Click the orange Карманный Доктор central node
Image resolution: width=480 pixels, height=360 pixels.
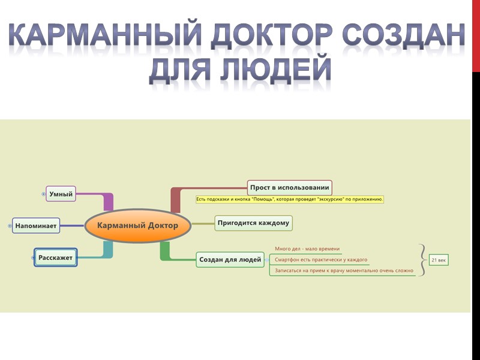(x=138, y=226)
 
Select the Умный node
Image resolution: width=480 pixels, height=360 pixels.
(x=61, y=194)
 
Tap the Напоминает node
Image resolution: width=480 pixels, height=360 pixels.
(x=37, y=226)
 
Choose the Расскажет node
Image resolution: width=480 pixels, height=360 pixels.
(x=55, y=257)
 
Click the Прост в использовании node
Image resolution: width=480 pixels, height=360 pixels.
(x=289, y=187)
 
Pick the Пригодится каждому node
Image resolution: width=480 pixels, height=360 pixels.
(x=253, y=223)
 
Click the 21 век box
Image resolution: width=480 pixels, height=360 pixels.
(x=439, y=260)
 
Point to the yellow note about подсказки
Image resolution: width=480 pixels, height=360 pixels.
(x=289, y=199)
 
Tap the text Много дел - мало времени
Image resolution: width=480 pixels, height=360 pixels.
(x=307, y=248)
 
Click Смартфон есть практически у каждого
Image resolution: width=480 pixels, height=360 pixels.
(x=321, y=260)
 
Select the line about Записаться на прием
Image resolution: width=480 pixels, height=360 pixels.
(x=344, y=271)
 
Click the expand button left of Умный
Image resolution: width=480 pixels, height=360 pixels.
(x=44, y=194)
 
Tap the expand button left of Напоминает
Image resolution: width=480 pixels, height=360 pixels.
(x=10, y=226)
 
